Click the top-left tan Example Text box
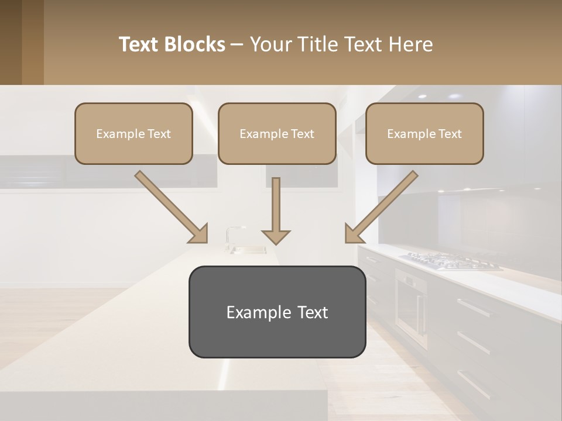[x=133, y=134]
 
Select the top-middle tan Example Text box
[x=277, y=134]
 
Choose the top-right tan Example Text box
[x=424, y=134]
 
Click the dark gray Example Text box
[x=277, y=312]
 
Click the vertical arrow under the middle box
[x=276, y=210]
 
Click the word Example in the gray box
[x=251, y=312]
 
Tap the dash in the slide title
[x=237, y=44]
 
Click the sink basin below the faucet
[x=249, y=250]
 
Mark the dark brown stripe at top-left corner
[x=11, y=42]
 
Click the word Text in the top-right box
[x=450, y=134]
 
